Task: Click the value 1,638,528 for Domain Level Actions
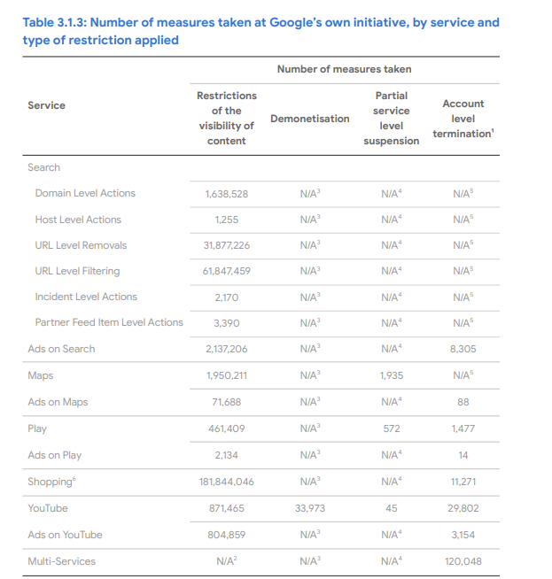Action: [226, 193]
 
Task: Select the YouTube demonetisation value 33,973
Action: [309, 508]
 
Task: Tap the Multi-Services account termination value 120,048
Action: [463, 561]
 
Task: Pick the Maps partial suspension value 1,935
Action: [391, 375]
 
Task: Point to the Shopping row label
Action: [50, 482]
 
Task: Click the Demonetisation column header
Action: [309, 119]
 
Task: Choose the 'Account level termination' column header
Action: [463, 119]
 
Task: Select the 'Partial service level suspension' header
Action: [392, 118]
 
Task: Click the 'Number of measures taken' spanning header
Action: [344, 69]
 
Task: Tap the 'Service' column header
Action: [46, 105]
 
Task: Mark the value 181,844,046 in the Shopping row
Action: [226, 482]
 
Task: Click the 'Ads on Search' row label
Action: [61, 349]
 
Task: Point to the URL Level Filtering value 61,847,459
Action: [226, 271]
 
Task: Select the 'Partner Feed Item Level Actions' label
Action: [109, 322]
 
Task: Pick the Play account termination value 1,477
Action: [463, 428]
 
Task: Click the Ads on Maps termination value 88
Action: [463, 402]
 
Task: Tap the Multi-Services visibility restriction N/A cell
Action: [226, 560]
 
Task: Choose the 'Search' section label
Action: [43, 167]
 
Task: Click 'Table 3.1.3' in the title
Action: [58, 22]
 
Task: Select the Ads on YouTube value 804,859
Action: [226, 535]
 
